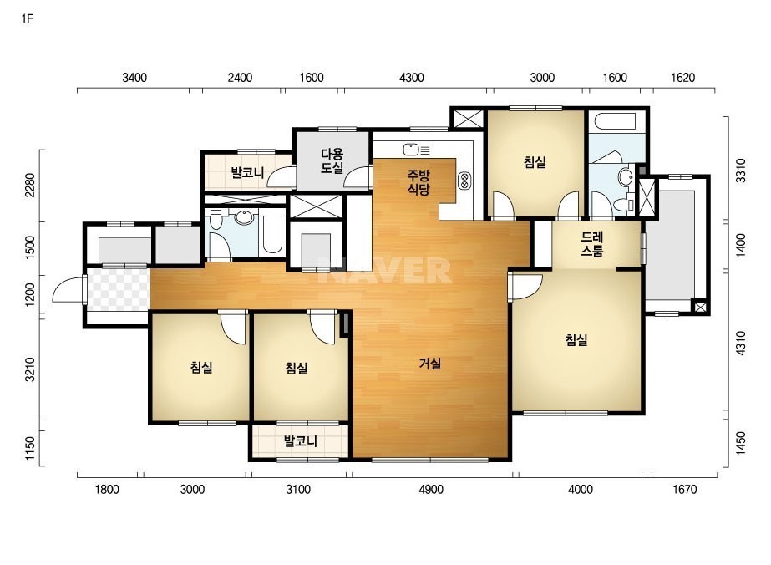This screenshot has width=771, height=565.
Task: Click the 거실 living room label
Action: coord(429,364)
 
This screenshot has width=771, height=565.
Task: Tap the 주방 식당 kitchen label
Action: coord(418,182)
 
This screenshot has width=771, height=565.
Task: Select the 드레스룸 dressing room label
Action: coord(592,244)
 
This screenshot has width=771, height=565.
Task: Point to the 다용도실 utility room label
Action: coord(332,161)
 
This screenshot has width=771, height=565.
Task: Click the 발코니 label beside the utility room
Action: coord(248,173)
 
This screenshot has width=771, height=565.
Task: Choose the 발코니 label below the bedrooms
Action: coord(301,441)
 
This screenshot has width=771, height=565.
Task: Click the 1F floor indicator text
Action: coord(27,19)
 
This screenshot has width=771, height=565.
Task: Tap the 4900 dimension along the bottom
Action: coord(431,490)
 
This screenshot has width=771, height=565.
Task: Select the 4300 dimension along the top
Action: coord(412,78)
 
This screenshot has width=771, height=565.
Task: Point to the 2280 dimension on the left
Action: coord(30,186)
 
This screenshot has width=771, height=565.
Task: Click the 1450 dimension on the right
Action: coord(741,444)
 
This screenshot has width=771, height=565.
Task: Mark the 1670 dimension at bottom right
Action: coord(684,490)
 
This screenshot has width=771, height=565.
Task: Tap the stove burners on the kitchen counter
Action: coord(464,181)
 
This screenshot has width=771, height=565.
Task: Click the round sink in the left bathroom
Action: coord(244,216)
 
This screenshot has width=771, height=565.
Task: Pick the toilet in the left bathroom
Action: coord(216,220)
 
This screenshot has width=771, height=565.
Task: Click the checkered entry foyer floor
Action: coord(118,289)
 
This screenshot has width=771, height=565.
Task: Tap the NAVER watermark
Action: coord(383,270)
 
